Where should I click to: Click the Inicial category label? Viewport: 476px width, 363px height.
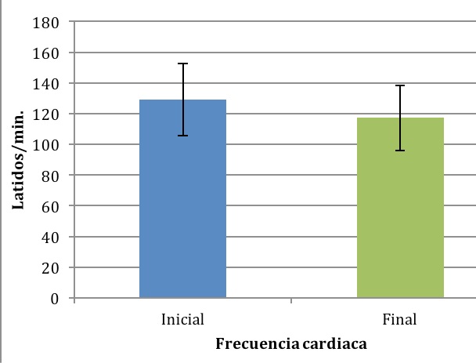[182, 320]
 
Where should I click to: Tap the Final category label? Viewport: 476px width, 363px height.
[400, 320]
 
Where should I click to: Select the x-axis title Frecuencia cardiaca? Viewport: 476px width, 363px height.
[291, 343]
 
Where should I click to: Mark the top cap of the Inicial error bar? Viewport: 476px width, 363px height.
[182, 64]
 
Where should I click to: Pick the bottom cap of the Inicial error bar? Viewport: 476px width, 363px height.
[182, 136]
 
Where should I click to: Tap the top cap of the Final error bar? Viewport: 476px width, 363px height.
[400, 85]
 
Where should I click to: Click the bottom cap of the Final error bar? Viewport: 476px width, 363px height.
[400, 151]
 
